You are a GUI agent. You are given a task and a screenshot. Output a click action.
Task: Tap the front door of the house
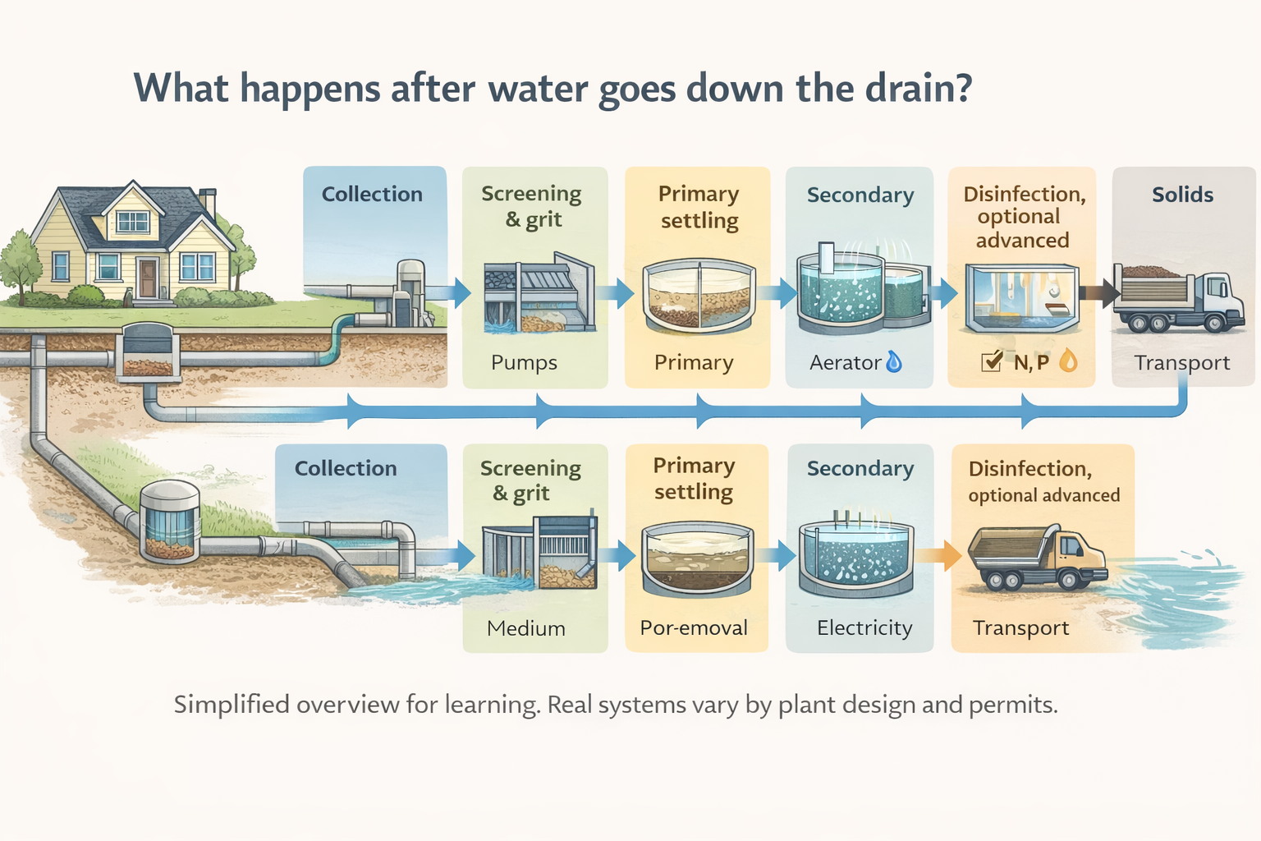click(148, 278)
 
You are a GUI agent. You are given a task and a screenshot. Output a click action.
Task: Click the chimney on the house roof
click(208, 201)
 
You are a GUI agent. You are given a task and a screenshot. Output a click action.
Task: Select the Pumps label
click(524, 362)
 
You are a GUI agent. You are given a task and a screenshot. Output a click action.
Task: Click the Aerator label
click(845, 362)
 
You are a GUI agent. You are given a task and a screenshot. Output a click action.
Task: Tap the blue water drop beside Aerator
click(894, 361)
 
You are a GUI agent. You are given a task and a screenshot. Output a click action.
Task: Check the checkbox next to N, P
click(992, 361)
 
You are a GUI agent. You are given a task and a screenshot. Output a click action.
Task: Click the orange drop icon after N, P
click(1067, 361)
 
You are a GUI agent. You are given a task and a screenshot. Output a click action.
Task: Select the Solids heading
click(1182, 195)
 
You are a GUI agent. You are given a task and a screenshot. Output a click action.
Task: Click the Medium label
click(525, 628)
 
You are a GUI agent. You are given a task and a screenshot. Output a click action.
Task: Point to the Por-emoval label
click(694, 628)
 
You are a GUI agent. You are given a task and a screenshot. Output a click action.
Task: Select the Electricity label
click(864, 628)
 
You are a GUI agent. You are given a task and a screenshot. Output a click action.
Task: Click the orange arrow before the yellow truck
click(938, 556)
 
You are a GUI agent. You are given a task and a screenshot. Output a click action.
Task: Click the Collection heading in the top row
click(372, 195)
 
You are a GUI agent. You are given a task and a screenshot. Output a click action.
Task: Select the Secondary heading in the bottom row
click(860, 468)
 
